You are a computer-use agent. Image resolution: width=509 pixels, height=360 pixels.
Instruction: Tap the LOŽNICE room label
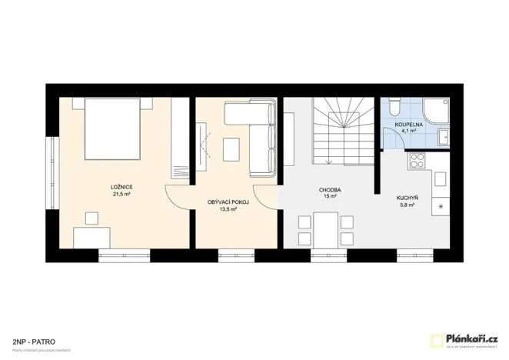121,187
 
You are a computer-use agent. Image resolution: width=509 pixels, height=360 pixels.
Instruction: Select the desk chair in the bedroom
92,218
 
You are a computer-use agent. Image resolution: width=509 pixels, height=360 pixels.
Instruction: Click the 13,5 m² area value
228,208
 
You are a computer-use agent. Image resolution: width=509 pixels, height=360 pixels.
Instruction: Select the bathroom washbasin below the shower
444,138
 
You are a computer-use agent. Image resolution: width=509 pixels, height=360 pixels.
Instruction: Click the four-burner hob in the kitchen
419,162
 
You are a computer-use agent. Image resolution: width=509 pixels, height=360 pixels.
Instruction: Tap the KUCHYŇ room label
407,198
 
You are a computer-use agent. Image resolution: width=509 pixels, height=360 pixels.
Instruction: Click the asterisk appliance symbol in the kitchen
441,207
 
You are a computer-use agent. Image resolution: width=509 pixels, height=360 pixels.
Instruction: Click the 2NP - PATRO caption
33,339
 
